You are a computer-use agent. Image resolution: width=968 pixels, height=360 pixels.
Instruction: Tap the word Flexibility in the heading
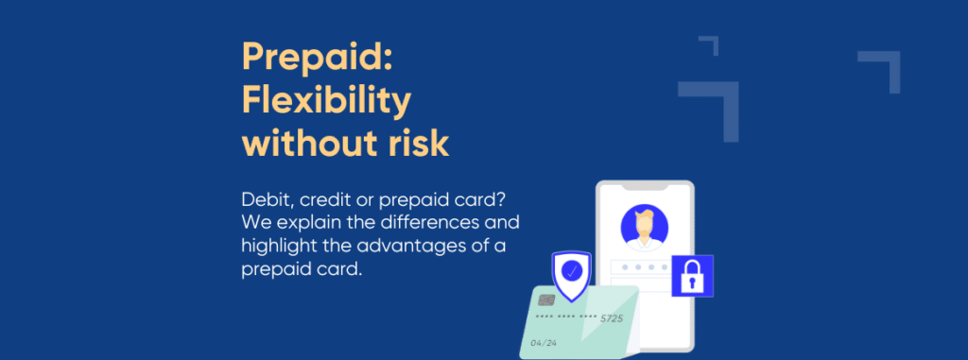point(326,100)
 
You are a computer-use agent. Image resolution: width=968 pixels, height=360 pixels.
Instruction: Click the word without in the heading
point(301,144)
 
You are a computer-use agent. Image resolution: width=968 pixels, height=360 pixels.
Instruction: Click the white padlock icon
point(692,276)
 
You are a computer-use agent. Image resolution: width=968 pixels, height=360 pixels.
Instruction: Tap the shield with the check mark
point(572,272)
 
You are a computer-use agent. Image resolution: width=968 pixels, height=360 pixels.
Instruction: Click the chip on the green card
point(546,300)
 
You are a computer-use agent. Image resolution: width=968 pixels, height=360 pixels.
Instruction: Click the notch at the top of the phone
point(646,189)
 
